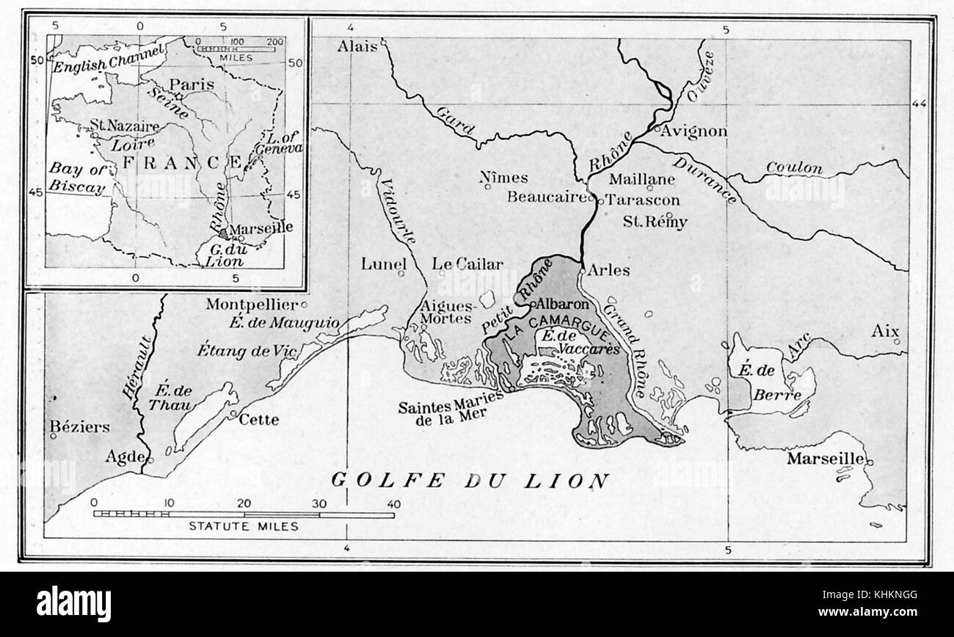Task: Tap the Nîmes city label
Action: pyautogui.click(x=503, y=178)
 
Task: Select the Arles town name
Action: pyautogui.click(x=608, y=270)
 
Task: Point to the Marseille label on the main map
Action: pyautogui.click(x=825, y=459)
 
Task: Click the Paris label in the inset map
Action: pyautogui.click(x=192, y=84)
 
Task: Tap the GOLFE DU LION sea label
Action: pyautogui.click(x=470, y=481)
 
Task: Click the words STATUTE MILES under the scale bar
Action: pyautogui.click(x=244, y=526)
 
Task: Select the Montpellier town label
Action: pyautogui.click(x=251, y=304)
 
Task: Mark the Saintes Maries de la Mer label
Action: pyautogui.click(x=451, y=408)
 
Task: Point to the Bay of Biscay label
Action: pyautogui.click(x=77, y=178)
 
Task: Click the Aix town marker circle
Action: pyautogui.click(x=896, y=341)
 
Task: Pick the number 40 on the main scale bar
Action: pyautogui.click(x=394, y=504)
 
